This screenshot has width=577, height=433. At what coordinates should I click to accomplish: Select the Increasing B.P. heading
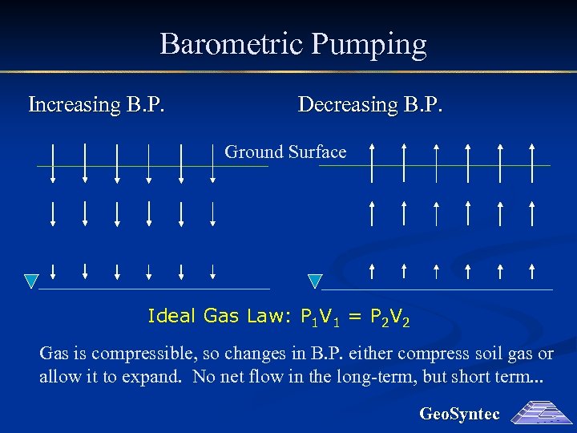point(97,105)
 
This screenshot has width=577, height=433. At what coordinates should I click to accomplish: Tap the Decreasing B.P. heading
point(369,105)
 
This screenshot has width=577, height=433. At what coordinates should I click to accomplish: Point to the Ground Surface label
point(285,152)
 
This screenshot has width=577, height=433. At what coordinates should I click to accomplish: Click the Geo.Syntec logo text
point(459,414)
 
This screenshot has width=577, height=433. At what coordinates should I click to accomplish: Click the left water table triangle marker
point(30,281)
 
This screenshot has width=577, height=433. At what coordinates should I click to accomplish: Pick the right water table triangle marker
point(315,281)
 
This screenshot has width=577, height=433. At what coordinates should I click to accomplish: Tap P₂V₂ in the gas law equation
point(389,318)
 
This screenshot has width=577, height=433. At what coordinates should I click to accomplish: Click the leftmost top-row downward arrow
point(53,164)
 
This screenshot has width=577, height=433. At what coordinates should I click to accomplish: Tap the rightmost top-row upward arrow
point(532,164)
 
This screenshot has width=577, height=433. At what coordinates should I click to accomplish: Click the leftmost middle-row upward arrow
point(372,213)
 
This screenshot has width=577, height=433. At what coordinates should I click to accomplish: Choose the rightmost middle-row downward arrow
point(213,213)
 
